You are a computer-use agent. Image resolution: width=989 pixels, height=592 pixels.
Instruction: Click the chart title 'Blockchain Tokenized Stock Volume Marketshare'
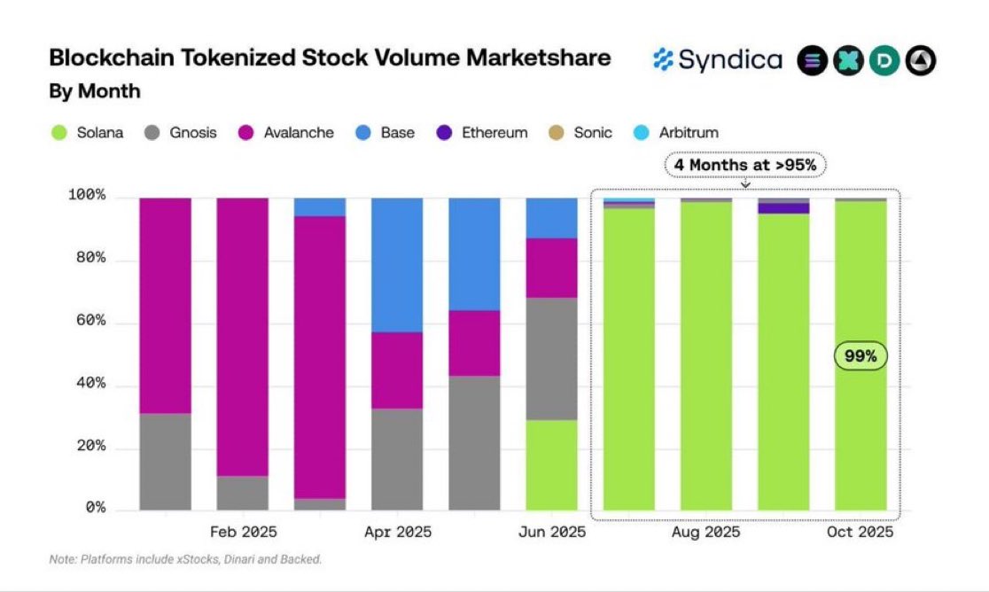tap(329, 58)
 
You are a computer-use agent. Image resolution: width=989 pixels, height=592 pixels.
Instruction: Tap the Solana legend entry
tap(86, 133)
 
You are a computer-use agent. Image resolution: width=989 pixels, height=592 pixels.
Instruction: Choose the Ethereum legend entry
tap(482, 133)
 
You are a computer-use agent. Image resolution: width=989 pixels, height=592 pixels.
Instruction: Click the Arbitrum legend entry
tap(676, 133)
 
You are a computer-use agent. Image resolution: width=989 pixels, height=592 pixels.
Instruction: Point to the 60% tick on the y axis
tap(87, 322)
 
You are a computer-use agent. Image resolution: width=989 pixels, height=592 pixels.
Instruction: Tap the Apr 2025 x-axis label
tap(397, 533)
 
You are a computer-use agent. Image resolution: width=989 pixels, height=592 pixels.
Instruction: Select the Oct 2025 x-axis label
tap(860, 533)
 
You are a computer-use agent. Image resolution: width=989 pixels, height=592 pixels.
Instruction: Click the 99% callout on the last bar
tap(860, 356)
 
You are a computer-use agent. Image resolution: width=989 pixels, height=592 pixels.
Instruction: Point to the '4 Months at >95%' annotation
tap(745, 165)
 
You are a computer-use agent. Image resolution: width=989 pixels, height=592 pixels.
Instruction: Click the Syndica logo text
tap(718, 60)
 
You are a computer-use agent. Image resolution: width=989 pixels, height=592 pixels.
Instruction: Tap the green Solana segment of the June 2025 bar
tap(551, 464)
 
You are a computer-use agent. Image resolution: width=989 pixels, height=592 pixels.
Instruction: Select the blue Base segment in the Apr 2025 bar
tap(397, 264)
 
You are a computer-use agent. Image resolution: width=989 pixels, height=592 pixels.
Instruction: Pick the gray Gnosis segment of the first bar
tap(166, 461)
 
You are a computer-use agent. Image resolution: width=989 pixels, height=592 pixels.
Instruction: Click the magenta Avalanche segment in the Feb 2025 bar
tap(243, 337)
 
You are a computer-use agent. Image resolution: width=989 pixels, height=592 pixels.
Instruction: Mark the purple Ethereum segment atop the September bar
tap(783, 208)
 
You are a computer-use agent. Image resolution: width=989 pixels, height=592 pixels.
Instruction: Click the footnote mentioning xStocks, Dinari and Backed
tap(185, 559)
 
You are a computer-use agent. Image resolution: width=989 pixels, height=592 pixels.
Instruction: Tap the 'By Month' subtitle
tap(94, 91)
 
